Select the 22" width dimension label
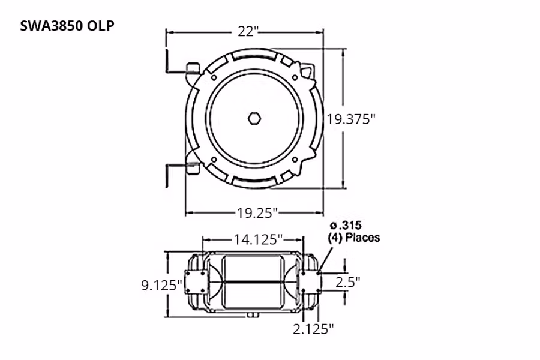pyautogui.click(x=246, y=32)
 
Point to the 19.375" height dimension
pyautogui.click(x=351, y=119)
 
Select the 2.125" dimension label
pyautogui.click(x=313, y=328)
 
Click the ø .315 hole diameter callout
pyautogui.click(x=345, y=226)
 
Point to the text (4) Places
pyautogui.click(x=353, y=238)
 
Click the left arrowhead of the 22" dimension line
pyautogui.click(x=169, y=32)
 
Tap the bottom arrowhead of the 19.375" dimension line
pyautogui.click(x=343, y=186)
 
